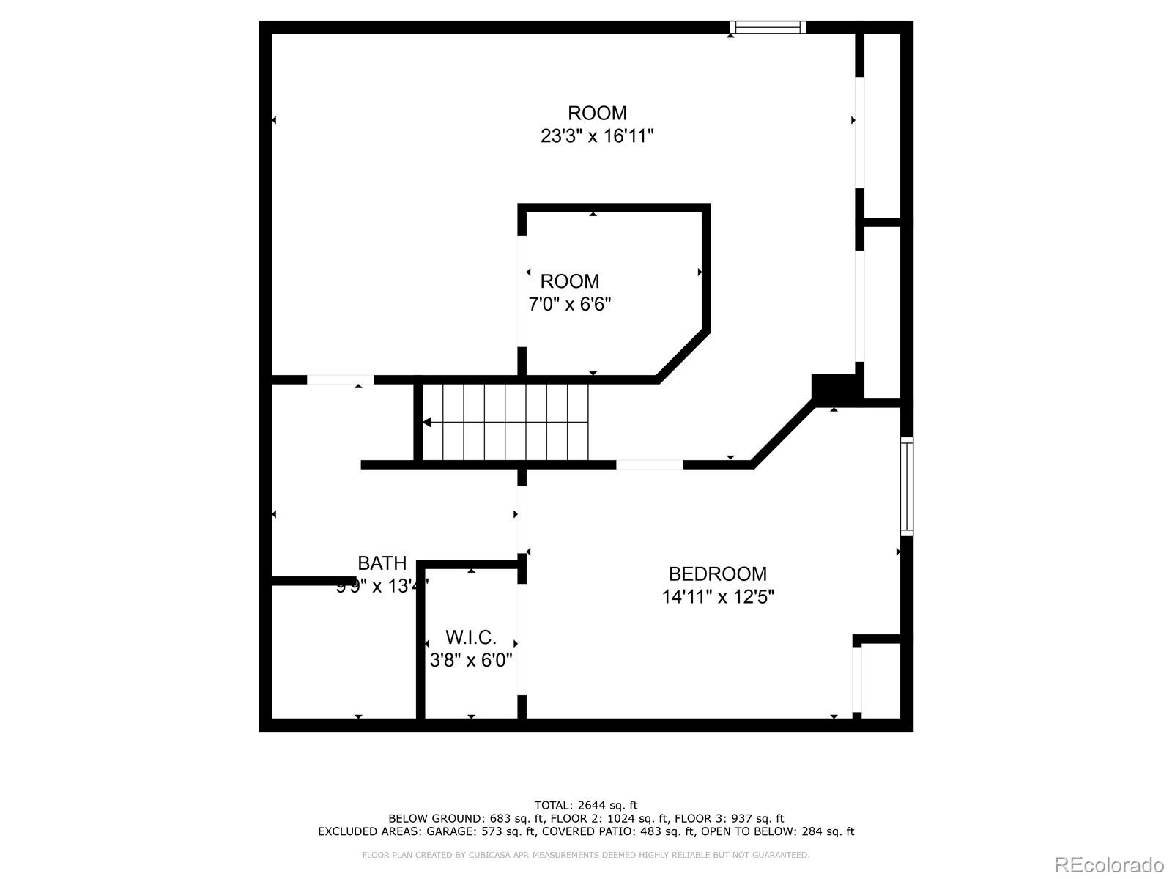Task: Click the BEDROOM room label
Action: point(717,574)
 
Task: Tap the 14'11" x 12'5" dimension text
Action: point(717,597)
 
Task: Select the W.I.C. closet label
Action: point(470,637)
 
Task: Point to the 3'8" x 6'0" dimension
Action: point(470,660)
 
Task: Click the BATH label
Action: point(382,563)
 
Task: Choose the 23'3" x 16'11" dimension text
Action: point(597,136)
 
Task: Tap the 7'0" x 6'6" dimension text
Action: point(570,304)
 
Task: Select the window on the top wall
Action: point(767,28)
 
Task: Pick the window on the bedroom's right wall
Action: point(906,486)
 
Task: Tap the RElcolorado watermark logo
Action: point(1108,864)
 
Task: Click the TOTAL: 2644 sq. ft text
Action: point(586,806)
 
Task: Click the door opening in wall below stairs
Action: point(649,464)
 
